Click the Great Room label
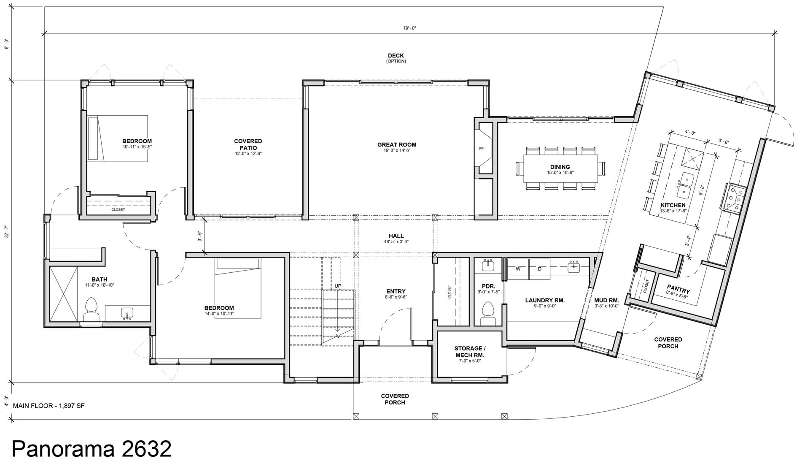(x=396, y=145)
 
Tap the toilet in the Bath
(x=91, y=309)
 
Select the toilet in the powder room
(x=488, y=313)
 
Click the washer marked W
(x=518, y=269)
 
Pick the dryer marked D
(x=539, y=269)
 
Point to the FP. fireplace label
(x=482, y=149)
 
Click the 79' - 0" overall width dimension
(x=409, y=28)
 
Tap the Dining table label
(x=560, y=167)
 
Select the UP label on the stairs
(x=338, y=286)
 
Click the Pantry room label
(x=678, y=291)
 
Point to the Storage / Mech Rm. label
(x=470, y=352)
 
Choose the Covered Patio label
(x=248, y=144)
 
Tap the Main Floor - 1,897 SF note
(x=49, y=406)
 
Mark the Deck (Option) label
(x=396, y=58)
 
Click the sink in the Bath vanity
(x=127, y=313)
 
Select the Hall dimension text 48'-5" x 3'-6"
(x=396, y=242)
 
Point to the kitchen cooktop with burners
(x=735, y=197)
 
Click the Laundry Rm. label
(x=545, y=300)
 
